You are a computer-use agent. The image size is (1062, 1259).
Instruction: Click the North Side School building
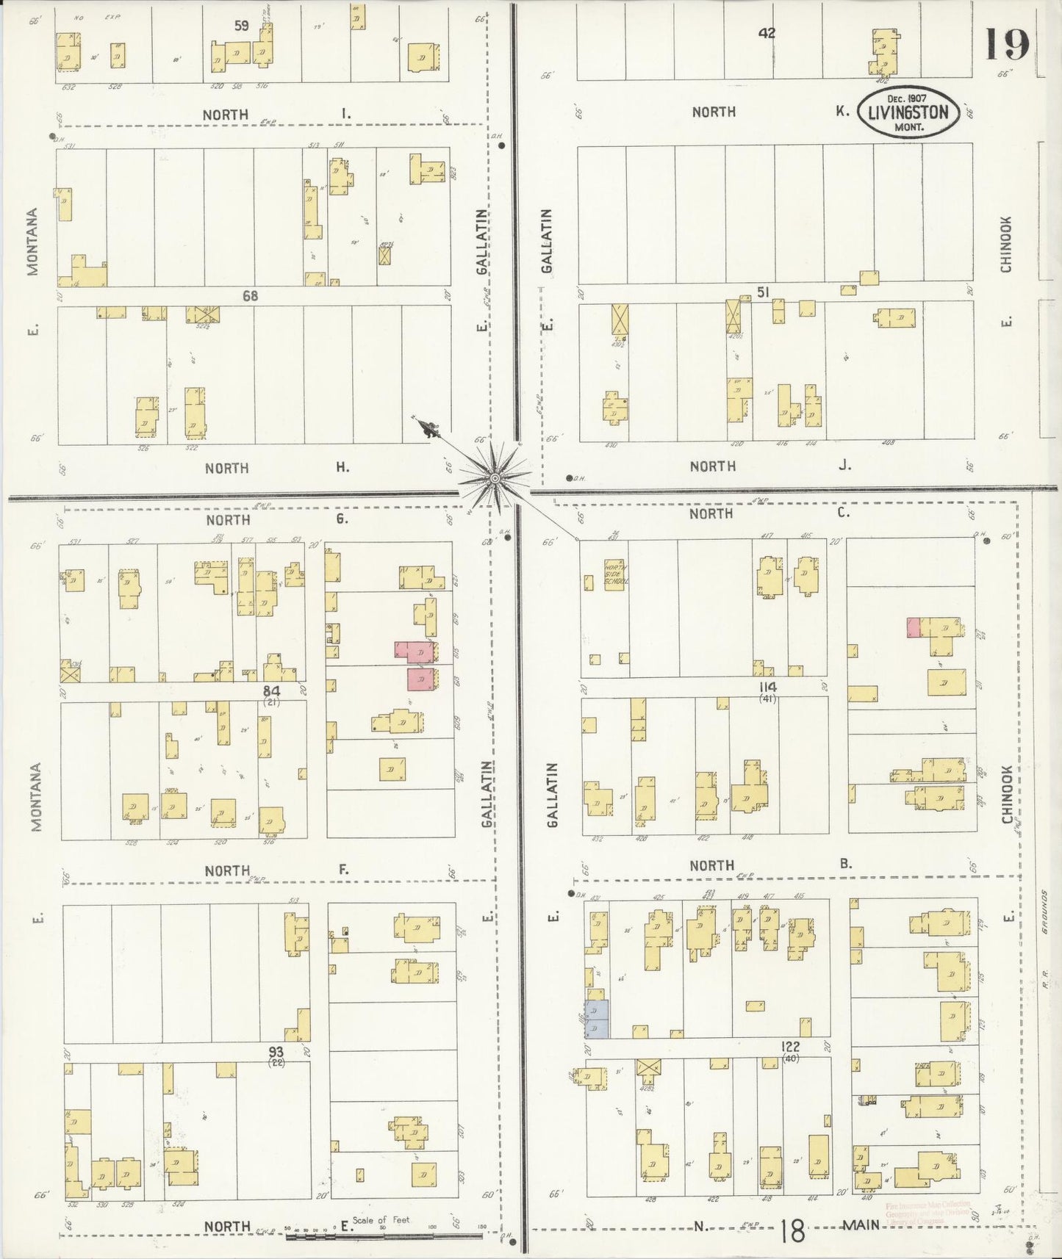613,573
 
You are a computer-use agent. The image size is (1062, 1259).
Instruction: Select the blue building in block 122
597,1018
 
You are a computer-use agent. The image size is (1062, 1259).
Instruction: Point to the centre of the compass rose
495,478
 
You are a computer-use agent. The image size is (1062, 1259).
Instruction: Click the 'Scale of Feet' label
380,1219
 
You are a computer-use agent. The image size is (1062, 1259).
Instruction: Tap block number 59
241,26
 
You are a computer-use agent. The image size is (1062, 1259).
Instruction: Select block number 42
767,32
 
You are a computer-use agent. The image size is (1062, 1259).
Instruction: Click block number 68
250,295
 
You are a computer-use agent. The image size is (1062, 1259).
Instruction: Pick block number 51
763,292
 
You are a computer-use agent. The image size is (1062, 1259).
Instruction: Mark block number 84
272,690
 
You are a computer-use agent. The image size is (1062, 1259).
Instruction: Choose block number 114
768,687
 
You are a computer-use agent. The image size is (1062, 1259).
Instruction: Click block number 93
276,1052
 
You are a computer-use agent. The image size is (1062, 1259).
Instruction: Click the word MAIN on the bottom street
861,1224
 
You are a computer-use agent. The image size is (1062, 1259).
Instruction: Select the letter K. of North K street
842,112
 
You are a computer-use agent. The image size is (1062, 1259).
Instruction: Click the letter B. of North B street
845,864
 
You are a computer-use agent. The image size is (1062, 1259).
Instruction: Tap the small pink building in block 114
914,627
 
